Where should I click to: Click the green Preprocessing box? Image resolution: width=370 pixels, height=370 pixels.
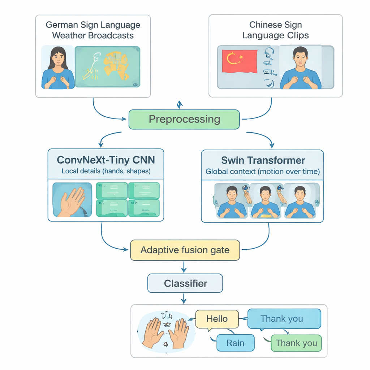[x=184, y=119]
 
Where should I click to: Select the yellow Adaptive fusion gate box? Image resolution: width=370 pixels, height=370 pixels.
[x=185, y=250]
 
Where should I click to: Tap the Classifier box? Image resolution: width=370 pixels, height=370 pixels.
[x=185, y=283]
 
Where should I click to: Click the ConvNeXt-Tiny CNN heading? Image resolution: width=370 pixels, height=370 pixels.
[x=106, y=160]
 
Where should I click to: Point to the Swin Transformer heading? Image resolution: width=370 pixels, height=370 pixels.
[x=263, y=160]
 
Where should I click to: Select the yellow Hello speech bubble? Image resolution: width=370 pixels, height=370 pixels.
[x=217, y=319]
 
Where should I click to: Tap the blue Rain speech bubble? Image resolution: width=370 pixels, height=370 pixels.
[x=235, y=343]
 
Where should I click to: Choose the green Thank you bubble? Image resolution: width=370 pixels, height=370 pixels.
[x=296, y=343]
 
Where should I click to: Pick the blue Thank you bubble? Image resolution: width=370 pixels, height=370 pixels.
[x=284, y=319]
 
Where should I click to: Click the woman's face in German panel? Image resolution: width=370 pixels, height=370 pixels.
[x=59, y=57]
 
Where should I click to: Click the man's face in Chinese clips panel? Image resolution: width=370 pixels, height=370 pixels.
[x=300, y=57]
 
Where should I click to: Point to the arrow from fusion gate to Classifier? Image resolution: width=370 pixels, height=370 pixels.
[x=185, y=267]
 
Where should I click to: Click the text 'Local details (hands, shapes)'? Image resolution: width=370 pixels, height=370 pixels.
[x=106, y=171]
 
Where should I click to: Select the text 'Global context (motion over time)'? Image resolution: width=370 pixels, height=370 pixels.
[x=263, y=172]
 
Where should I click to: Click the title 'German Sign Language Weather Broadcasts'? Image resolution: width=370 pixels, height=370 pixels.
[x=93, y=30]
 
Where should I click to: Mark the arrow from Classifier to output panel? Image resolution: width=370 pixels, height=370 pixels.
[x=185, y=298]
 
